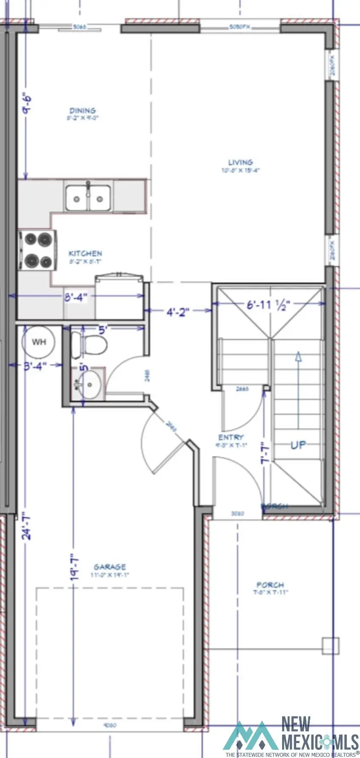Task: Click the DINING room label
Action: click(x=83, y=111)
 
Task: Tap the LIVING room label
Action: click(x=240, y=162)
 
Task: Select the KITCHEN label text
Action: click(x=85, y=254)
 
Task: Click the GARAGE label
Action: click(x=110, y=567)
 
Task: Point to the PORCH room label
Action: click(x=270, y=585)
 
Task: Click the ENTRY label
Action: click(x=231, y=437)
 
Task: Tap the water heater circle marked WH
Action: click(x=39, y=342)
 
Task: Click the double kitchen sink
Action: click(x=88, y=197)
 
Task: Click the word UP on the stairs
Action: click(x=298, y=445)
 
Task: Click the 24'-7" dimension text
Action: click(x=27, y=526)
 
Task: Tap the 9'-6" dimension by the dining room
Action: click(x=27, y=103)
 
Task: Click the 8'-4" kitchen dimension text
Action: click(x=76, y=296)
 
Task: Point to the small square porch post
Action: click(x=330, y=646)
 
